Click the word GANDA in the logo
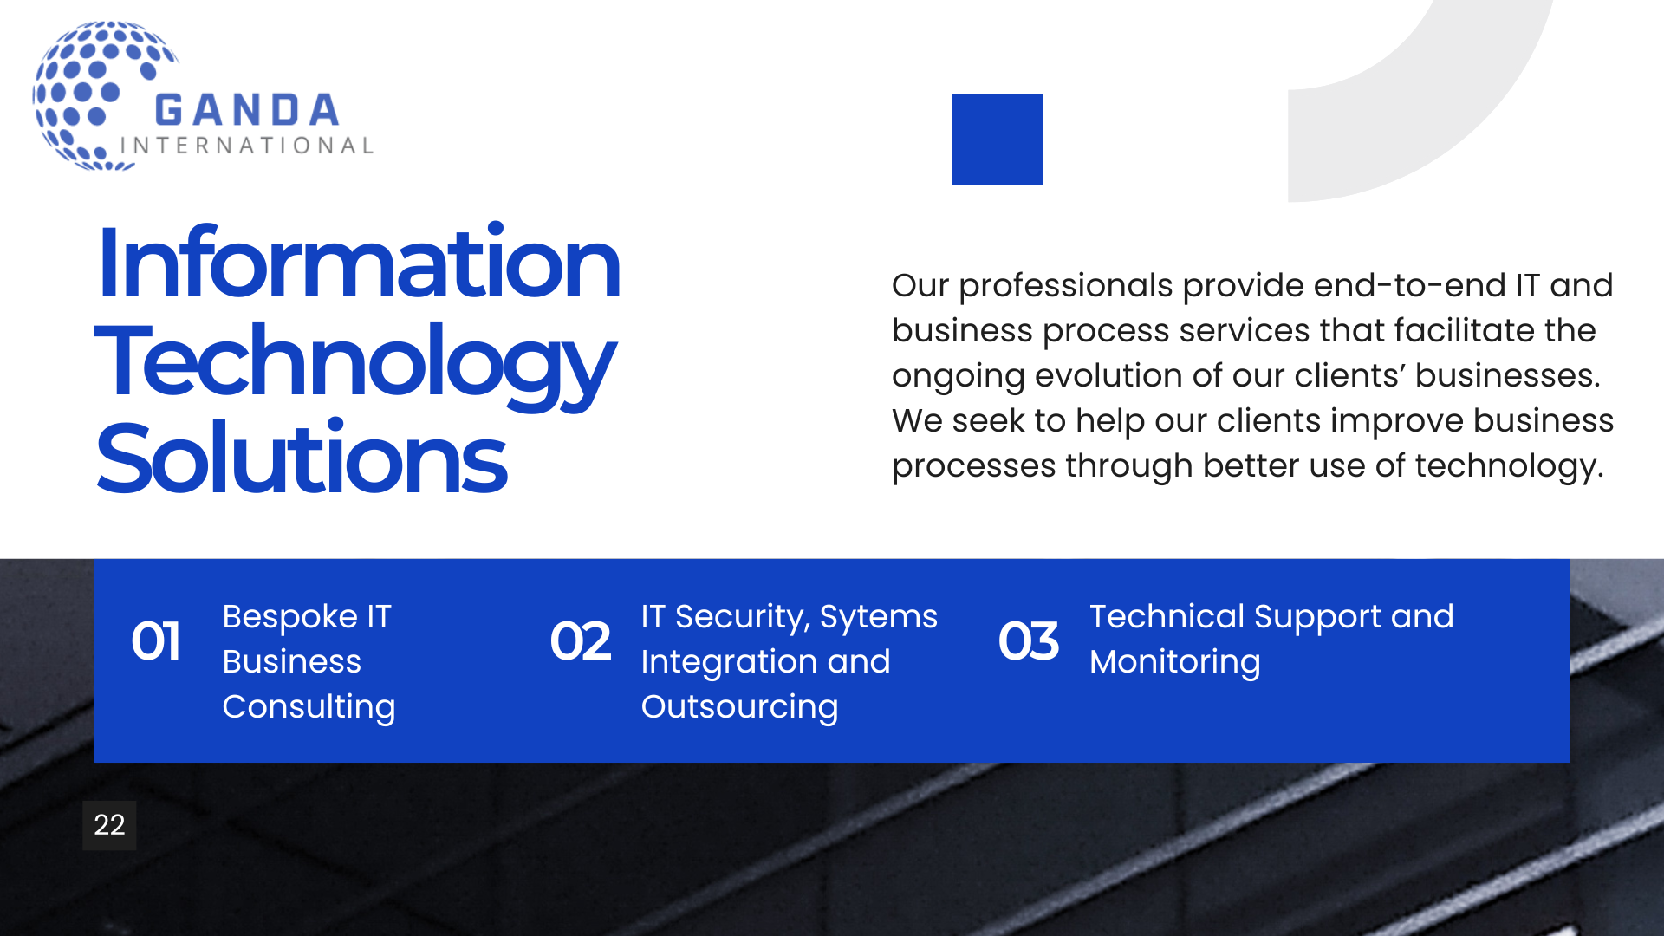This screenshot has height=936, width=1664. coord(247,111)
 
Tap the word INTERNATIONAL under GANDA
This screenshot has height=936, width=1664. coord(247,146)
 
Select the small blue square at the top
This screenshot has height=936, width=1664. coord(997,139)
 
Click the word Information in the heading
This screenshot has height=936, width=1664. coord(359,263)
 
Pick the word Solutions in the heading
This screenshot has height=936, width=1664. coord(302,458)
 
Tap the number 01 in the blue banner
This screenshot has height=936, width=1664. coord(156,641)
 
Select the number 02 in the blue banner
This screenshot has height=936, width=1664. coord(581,641)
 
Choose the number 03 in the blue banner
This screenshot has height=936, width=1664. coord(1029,641)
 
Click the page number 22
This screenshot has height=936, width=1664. coord(109,825)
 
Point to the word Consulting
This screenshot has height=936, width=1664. coord(309,708)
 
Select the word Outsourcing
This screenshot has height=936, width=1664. coord(740,708)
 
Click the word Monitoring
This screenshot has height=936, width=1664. coord(1175,663)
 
